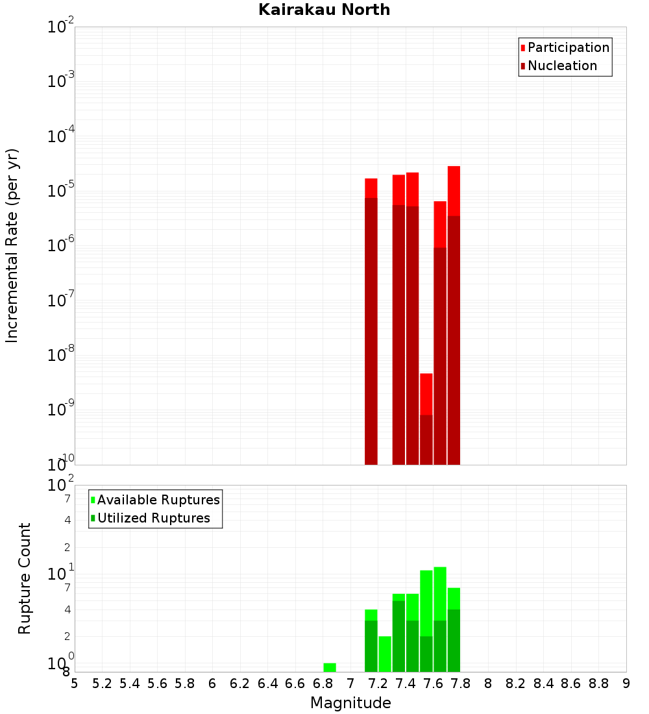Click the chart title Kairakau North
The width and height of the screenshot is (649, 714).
[x=324, y=10]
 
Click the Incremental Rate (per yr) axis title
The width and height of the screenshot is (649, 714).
[x=12, y=245]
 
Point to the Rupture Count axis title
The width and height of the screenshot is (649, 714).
[x=25, y=578]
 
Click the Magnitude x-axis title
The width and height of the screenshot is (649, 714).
[x=350, y=703]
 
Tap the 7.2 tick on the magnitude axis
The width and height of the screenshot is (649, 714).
[x=378, y=683]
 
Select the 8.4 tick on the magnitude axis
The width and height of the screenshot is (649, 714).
[x=544, y=683]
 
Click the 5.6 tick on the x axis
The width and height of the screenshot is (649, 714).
[x=157, y=683]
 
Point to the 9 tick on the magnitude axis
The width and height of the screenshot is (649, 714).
[x=626, y=683]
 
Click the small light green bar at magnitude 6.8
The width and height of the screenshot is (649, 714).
[x=330, y=667]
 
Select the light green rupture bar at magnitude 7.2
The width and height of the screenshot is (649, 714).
[x=385, y=654]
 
